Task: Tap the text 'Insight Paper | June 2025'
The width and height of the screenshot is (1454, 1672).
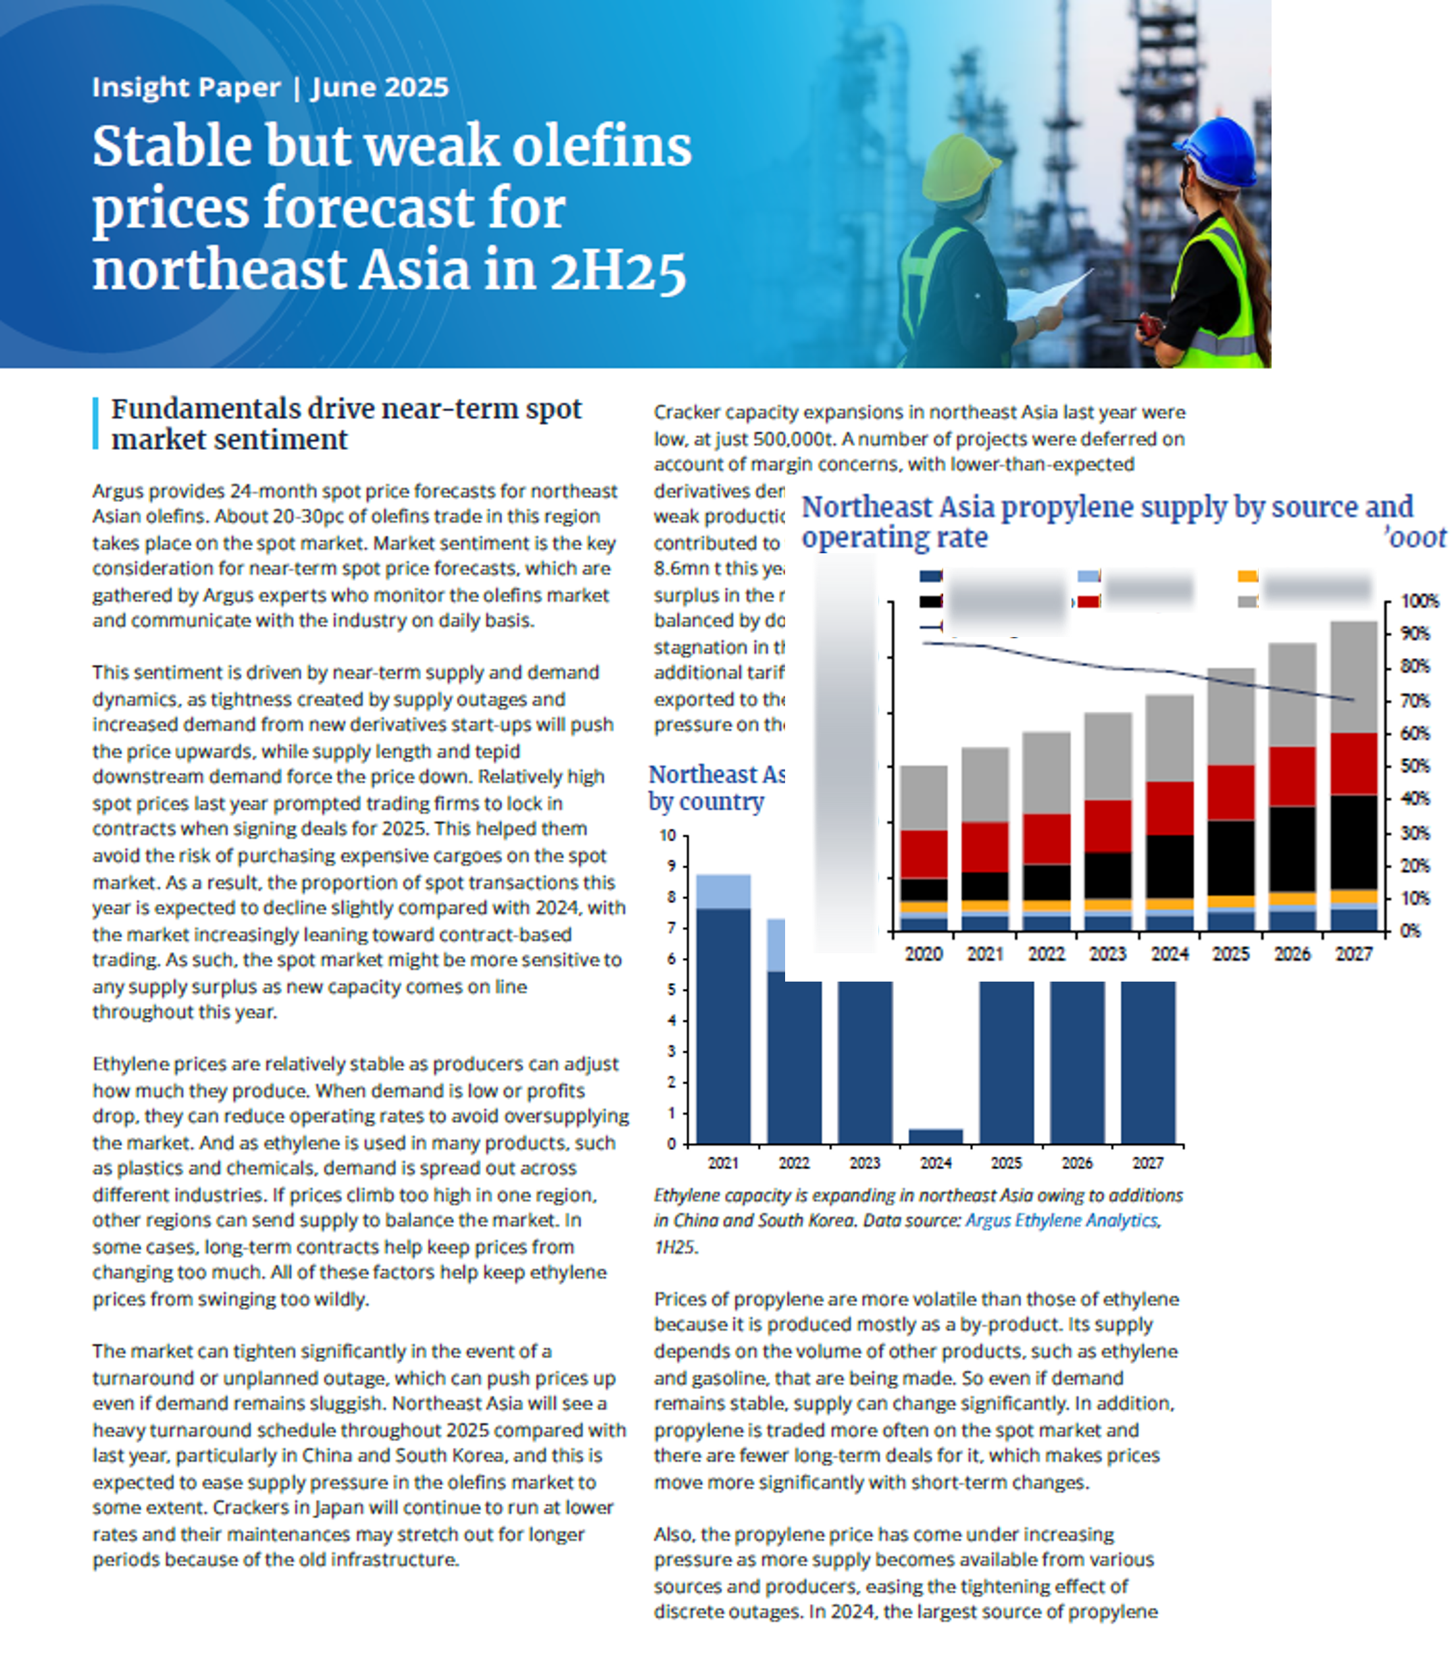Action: point(270,86)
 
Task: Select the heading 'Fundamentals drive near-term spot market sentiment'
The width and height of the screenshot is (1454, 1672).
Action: point(347,424)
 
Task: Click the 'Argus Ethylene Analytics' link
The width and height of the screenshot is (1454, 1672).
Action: point(1061,1220)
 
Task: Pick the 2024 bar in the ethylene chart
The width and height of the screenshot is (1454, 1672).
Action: point(936,1136)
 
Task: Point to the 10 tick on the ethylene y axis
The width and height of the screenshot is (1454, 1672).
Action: point(668,836)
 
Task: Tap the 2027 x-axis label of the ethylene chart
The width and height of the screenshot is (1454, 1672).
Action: point(1147,1163)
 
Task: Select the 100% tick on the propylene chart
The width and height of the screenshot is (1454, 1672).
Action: point(1419,601)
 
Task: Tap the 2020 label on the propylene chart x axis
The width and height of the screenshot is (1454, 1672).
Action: point(924,954)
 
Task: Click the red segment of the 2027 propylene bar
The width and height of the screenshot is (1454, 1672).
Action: point(1353,763)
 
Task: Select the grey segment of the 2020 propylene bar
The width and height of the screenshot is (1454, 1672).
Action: point(924,796)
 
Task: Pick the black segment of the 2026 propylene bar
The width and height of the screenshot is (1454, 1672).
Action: point(1293,848)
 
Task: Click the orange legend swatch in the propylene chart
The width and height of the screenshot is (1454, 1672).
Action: point(1247,576)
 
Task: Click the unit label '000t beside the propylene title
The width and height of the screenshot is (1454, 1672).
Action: point(1416,537)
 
